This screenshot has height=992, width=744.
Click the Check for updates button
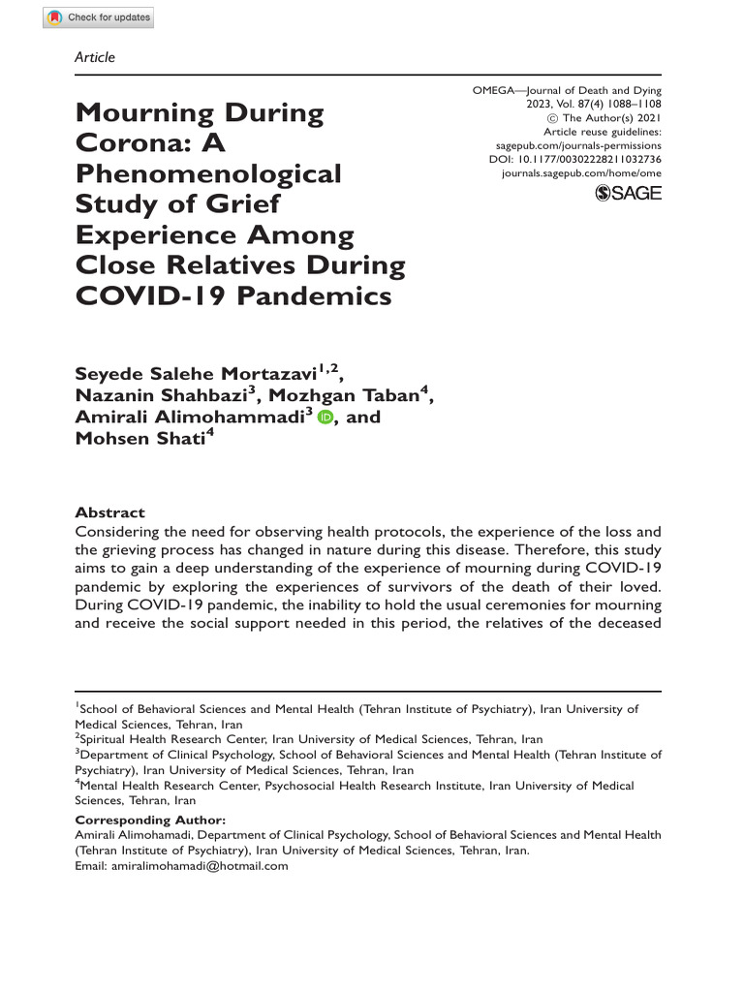tap(98, 17)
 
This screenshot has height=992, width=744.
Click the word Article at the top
tap(94, 57)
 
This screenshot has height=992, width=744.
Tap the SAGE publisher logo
tap(628, 193)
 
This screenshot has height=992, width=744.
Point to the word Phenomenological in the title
tap(208, 174)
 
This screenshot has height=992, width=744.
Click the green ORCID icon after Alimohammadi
tap(324, 418)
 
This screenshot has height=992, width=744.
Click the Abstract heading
tap(109, 512)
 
